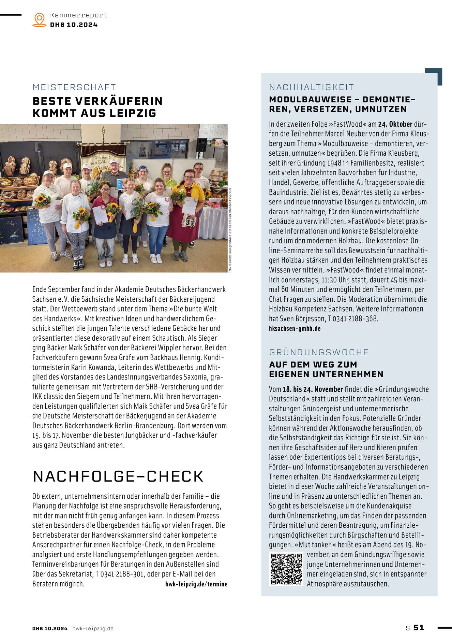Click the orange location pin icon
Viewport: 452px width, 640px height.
tap(40, 19)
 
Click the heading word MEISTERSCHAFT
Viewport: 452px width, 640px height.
tap(74, 87)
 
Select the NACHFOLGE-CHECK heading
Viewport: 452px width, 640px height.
tap(118, 477)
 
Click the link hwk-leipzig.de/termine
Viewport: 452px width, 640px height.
tap(196, 584)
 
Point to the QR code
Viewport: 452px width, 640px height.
tap(286, 569)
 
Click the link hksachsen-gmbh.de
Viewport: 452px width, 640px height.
tap(295, 329)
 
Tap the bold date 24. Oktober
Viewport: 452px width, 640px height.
tap(395, 124)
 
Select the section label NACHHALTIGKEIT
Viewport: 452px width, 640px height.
tap(312, 87)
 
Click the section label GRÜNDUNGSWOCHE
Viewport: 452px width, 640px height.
tap(319, 352)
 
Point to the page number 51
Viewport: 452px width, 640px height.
tap(419, 628)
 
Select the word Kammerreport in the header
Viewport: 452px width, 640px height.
tap(79, 15)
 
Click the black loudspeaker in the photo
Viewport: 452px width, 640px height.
tap(201, 145)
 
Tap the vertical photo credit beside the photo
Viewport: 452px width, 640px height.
tap(230, 230)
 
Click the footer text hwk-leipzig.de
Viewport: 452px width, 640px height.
tap(93, 628)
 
